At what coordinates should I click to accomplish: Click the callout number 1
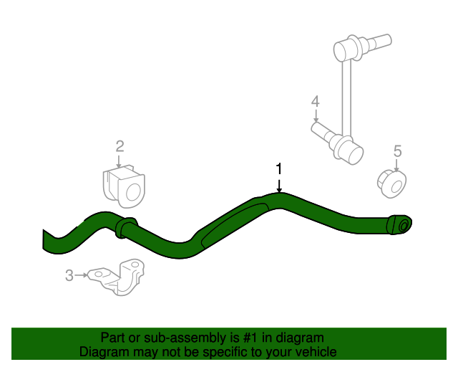279,168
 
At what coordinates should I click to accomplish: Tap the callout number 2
120,146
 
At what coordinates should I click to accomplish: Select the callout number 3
69,275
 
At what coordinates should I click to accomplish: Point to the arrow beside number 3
81,275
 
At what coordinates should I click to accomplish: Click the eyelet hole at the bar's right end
403,225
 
